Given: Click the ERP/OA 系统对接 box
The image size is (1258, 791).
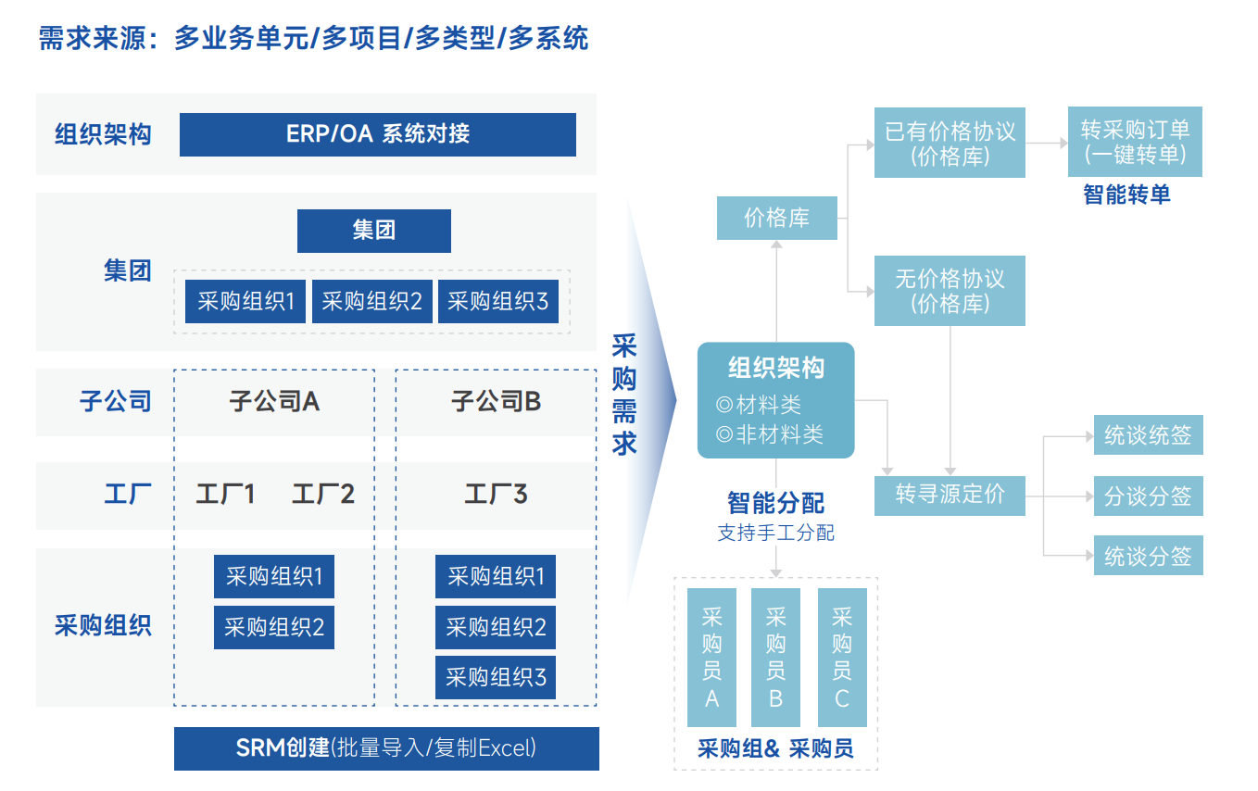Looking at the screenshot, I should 377,134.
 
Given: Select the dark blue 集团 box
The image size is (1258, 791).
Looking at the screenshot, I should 373,231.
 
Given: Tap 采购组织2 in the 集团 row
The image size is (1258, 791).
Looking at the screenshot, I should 371,301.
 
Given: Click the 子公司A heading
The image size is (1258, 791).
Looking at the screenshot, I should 274,401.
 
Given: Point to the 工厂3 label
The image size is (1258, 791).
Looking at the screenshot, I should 496,494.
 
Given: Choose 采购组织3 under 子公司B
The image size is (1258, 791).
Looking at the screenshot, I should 496,677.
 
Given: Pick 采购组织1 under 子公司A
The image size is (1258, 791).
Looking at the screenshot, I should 273,577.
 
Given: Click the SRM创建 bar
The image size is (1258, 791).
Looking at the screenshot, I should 386,748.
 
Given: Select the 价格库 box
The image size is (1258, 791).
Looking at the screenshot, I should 776,218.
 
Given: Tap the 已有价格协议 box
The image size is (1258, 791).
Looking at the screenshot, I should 950,143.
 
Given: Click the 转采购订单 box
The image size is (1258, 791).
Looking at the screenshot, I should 1135,142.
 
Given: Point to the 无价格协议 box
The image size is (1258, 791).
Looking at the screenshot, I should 950,291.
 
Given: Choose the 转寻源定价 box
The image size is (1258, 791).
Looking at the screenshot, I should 950,495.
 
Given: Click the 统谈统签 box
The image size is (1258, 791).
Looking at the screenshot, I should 1148,435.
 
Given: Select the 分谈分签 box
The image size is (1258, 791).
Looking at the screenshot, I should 1148,496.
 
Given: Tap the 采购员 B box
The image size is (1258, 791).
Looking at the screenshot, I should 776,657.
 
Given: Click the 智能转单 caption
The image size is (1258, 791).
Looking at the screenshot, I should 1126,195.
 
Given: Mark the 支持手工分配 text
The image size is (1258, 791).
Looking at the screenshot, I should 775,534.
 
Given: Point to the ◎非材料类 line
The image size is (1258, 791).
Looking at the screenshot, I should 770,434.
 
